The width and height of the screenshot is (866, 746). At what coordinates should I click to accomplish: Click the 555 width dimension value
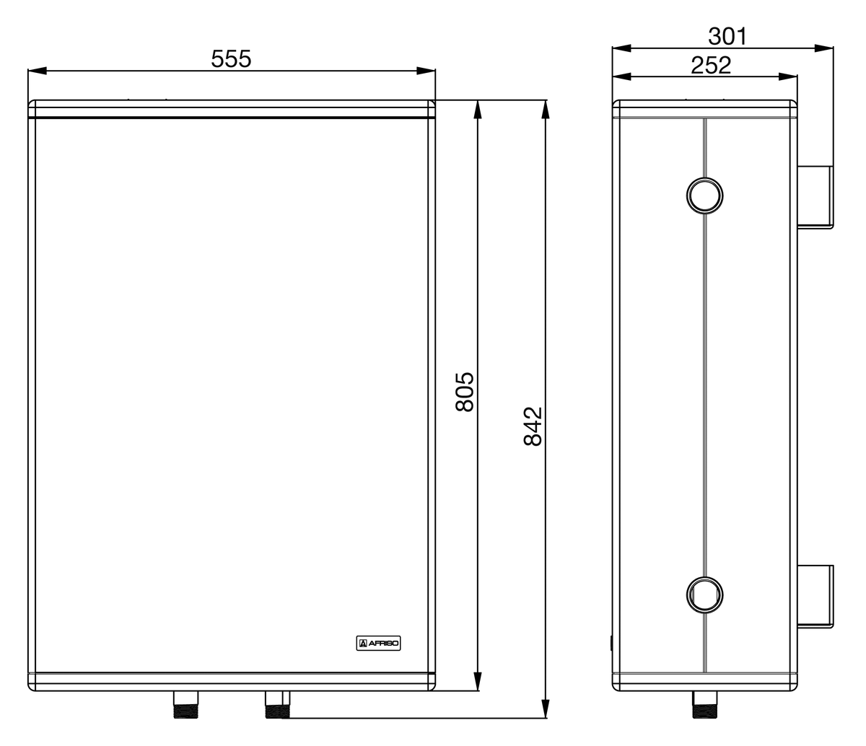(231, 58)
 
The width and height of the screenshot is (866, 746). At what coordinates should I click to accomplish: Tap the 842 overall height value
(532, 426)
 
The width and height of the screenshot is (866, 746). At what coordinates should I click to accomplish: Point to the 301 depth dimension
(727, 36)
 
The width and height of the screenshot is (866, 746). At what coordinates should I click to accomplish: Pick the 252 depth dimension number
(711, 65)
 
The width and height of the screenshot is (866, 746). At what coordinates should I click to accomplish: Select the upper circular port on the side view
(704, 194)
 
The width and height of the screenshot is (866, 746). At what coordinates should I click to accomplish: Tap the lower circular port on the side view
(704, 593)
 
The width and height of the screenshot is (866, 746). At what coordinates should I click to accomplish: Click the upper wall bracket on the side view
(815, 197)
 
